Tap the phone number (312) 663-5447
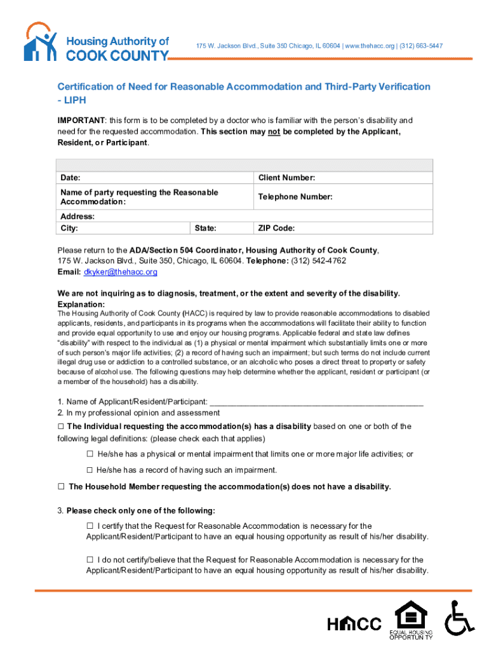(421, 46)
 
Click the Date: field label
(70, 178)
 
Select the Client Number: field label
(286, 178)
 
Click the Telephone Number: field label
(295, 197)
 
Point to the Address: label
(77, 216)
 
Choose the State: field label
(205, 228)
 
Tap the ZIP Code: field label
(276, 228)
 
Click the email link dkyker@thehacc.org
(120, 272)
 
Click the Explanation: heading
(81, 305)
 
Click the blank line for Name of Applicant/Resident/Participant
(316, 402)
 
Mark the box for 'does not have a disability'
(62, 487)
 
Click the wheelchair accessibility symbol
(459, 618)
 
